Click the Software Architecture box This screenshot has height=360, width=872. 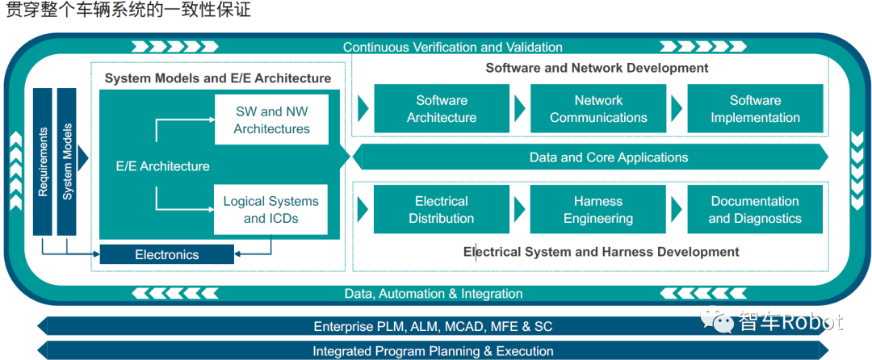[x=442, y=109]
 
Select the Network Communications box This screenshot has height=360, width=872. [x=598, y=109]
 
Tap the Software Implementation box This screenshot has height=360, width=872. [x=755, y=109]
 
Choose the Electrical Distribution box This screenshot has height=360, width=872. [x=442, y=210]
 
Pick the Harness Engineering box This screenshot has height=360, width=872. [x=598, y=210]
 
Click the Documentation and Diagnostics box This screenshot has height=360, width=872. [x=755, y=210]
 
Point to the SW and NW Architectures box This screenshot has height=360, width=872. [x=272, y=119]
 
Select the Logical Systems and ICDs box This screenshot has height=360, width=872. [x=271, y=210]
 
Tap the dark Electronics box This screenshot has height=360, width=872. [x=167, y=255]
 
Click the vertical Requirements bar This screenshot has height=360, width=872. [x=43, y=161]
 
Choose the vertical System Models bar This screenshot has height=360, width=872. [x=67, y=161]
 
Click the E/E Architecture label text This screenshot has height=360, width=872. [x=163, y=166]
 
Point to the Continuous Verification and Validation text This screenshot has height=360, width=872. [x=452, y=47]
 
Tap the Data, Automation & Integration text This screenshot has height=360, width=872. [x=434, y=294]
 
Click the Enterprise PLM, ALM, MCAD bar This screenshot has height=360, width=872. [x=434, y=327]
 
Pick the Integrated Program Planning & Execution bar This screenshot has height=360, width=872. [x=434, y=351]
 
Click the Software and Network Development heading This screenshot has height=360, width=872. [x=597, y=68]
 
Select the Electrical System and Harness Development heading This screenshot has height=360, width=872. [x=601, y=252]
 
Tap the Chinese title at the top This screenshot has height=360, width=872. [x=129, y=10]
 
